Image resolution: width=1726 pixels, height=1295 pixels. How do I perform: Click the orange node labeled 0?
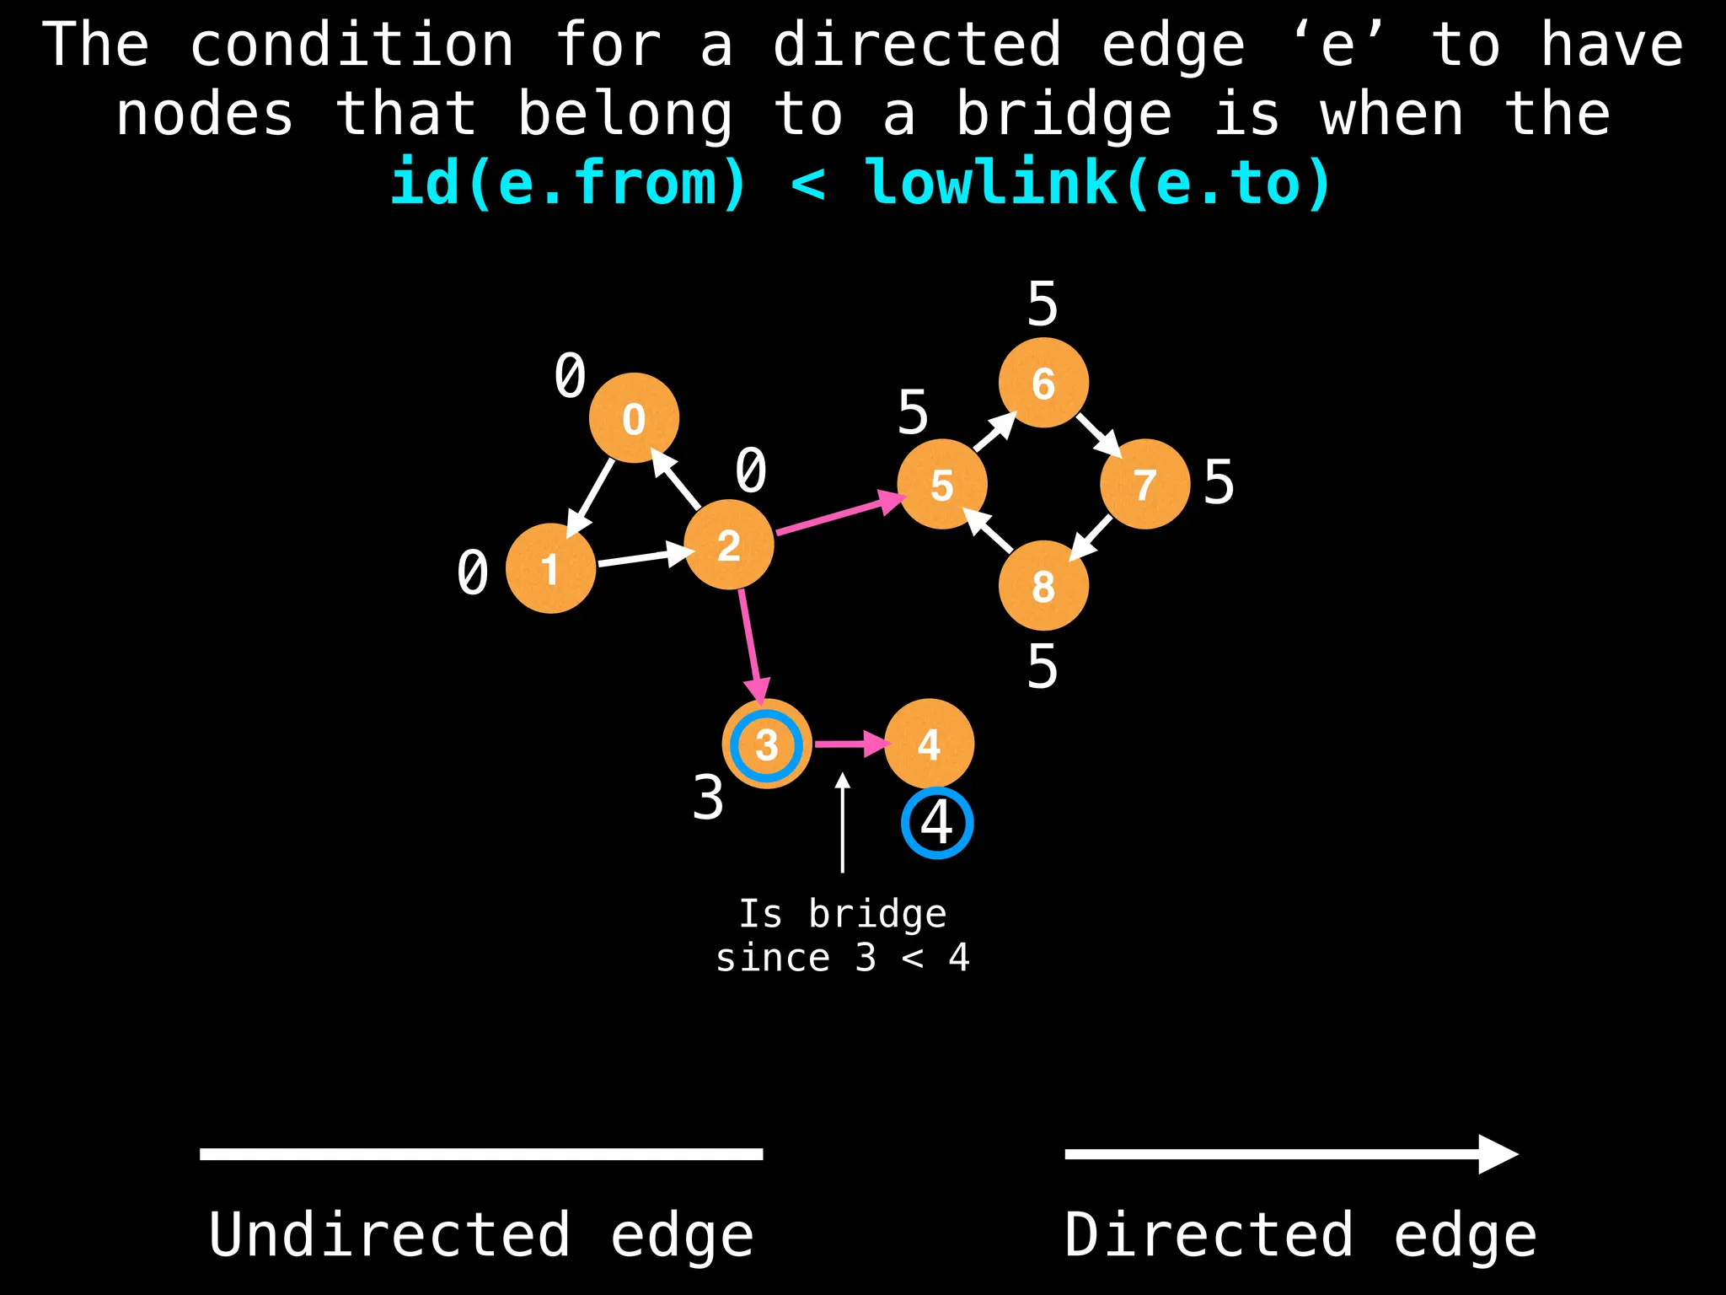(634, 418)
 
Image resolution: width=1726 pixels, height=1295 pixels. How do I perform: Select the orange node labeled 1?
(550, 568)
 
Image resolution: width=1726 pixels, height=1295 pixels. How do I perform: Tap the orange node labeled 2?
(729, 545)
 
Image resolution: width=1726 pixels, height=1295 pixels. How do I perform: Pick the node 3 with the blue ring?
(767, 744)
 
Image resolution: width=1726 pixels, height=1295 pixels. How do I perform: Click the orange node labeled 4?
(929, 744)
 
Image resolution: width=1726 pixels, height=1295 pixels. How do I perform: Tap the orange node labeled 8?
(1043, 585)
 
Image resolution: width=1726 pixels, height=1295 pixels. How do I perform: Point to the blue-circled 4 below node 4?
(937, 823)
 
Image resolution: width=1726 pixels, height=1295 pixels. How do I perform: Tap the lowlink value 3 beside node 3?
(708, 798)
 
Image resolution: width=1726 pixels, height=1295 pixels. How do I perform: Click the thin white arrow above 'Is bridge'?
(842, 822)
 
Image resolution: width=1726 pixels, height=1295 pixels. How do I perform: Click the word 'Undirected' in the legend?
(389, 1234)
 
